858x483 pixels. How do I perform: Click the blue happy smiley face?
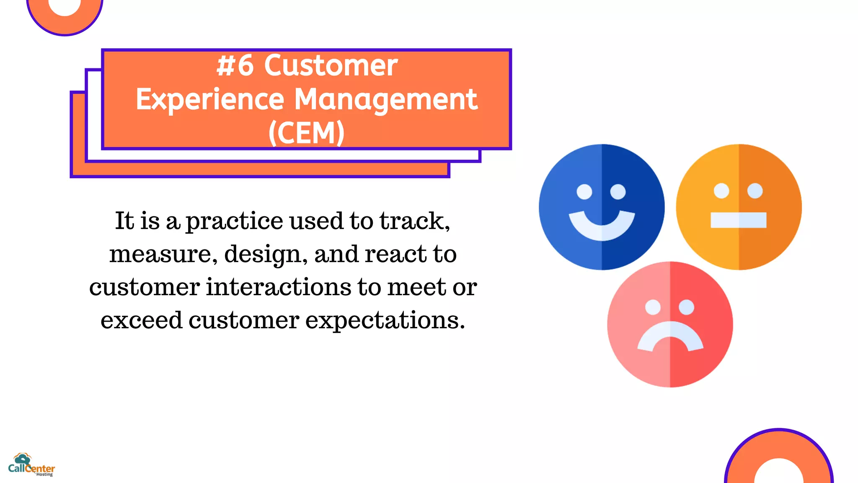[602, 207]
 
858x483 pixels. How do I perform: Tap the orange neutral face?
[739, 207]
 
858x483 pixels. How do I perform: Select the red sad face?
[670, 324]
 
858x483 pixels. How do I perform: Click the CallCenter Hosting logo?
[31, 465]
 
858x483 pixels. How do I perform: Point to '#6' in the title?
[235, 66]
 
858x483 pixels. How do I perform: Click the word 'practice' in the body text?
[234, 221]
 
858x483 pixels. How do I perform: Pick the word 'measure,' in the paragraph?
[163, 254]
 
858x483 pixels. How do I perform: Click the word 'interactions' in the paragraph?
[278, 287]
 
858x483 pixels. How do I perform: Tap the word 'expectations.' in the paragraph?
[385, 321]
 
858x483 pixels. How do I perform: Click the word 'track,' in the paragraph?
[415, 221]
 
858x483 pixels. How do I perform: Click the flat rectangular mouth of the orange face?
[738, 220]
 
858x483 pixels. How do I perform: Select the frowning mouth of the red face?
[670, 335]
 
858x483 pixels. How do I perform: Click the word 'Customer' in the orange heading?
[331, 66]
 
